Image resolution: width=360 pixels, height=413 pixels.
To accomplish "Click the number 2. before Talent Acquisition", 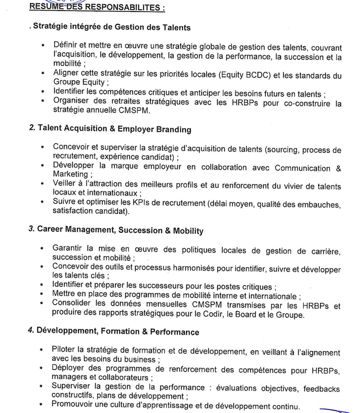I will click(x=32, y=128).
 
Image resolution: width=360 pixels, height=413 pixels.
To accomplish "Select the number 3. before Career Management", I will click(x=32, y=229).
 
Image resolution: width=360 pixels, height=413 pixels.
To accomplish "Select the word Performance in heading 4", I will click(x=173, y=332).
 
